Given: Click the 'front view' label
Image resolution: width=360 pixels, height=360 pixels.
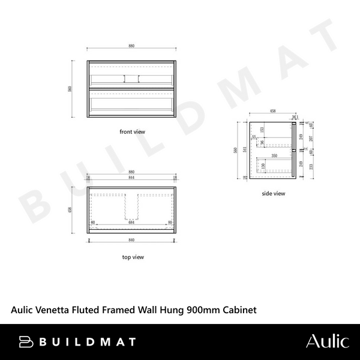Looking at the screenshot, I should point(132,131).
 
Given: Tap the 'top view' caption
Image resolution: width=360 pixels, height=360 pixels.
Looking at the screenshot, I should point(132,257).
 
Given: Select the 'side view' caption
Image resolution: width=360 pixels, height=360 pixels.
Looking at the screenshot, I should point(273,193).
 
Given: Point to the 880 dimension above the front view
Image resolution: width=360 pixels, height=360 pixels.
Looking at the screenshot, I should point(132,46).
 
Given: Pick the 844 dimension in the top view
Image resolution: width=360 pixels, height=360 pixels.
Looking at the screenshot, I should point(132,178).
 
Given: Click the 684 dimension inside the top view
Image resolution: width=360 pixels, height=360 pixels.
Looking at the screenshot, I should point(132,223).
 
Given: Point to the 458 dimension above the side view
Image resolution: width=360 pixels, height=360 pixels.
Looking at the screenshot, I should point(272,112).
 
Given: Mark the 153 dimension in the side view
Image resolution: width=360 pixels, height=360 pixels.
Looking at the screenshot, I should point(262,130).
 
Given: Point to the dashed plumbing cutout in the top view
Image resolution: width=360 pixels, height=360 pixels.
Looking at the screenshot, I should point(132,207).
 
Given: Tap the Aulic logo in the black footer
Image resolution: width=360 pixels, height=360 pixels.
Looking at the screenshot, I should point(327,341).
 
